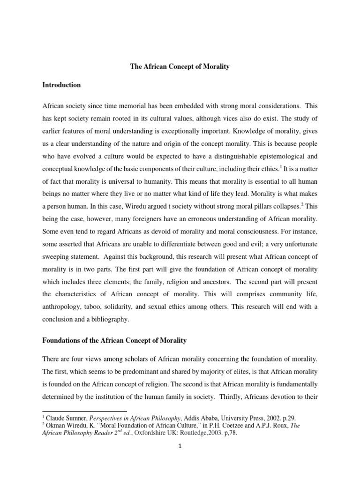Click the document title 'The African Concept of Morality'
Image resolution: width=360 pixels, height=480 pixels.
[x=180, y=67]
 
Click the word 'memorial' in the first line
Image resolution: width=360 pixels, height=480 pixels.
[x=134, y=107]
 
